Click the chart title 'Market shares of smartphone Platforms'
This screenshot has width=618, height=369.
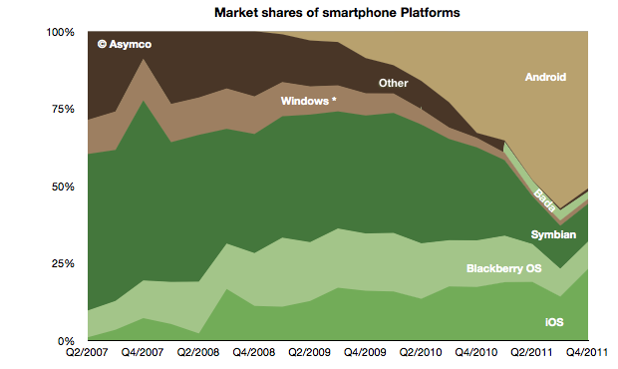point(337,13)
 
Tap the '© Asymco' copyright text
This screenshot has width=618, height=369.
point(125,44)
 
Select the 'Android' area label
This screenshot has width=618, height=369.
point(545,77)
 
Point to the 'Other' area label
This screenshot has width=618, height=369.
point(393,83)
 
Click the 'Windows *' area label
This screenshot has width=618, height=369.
point(308,101)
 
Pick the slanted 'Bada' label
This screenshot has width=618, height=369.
point(544,200)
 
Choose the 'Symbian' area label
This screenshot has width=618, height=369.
point(553,234)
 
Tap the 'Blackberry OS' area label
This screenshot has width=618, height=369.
point(503,268)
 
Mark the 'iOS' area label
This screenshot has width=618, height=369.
point(554,322)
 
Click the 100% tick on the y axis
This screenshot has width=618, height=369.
point(60,32)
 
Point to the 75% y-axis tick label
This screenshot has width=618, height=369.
point(63,109)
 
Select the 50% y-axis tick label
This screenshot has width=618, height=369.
point(63,186)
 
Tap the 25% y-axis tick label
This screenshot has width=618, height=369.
point(63,263)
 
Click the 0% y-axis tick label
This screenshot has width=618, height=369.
point(66,341)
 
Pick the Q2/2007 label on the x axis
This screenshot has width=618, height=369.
point(87,352)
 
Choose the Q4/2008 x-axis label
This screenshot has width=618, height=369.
point(254,352)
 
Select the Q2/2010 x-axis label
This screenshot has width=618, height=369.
point(421,352)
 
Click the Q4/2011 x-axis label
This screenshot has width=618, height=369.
point(587,352)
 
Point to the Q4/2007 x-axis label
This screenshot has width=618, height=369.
point(143,352)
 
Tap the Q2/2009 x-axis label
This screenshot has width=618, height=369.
point(309,352)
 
